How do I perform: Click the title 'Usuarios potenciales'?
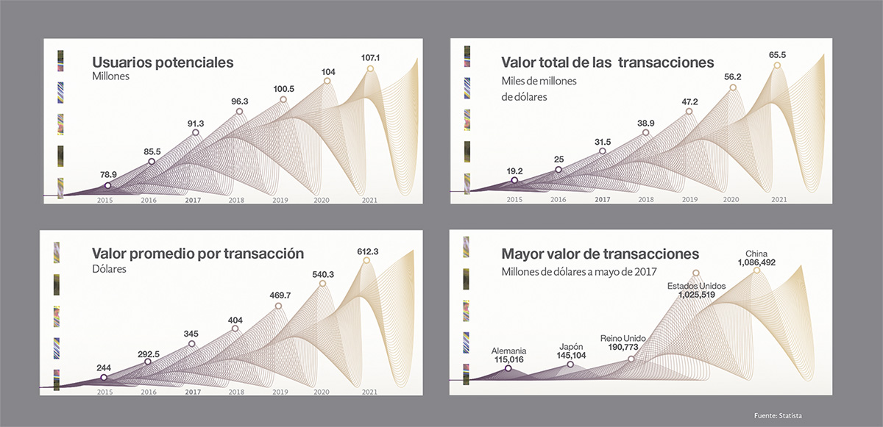coord(163,62)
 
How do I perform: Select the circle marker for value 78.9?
coord(108,185)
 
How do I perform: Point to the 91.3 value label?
coord(195,122)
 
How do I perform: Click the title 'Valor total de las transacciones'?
coord(608,62)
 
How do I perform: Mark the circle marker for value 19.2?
coord(514,180)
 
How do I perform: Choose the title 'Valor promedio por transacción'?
coord(198,254)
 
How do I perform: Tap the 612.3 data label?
coord(368,251)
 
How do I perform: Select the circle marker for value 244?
coord(104,377)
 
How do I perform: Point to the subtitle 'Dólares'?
coord(110,270)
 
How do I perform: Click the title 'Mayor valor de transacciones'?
coord(600,254)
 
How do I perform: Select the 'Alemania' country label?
coord(508,351)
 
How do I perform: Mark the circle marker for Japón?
coord(571,365)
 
